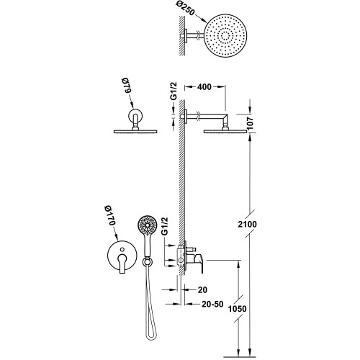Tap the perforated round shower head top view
(x=230, y=40)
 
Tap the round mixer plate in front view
(x=120, y=258)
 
